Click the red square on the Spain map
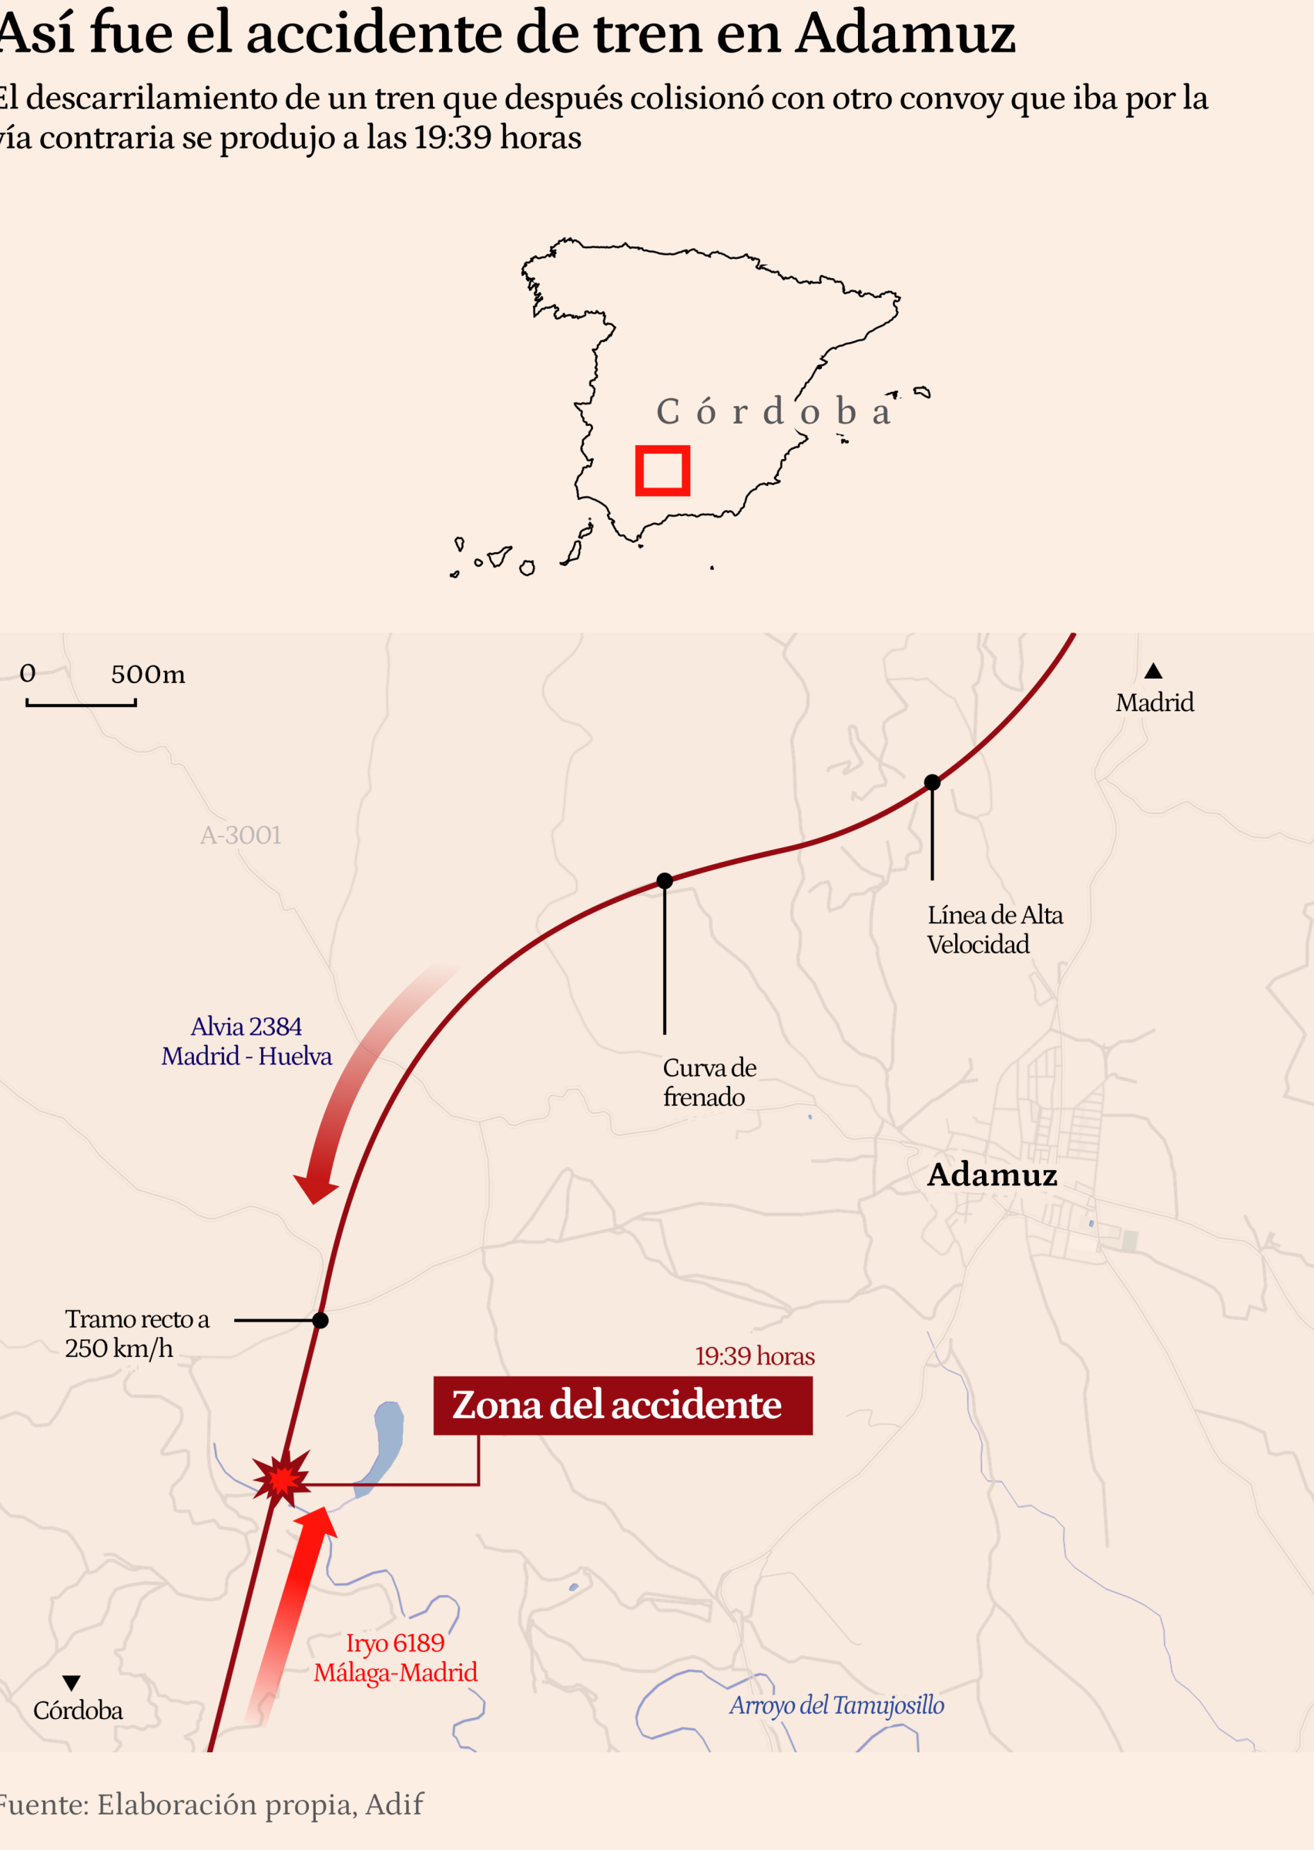coord(662,470)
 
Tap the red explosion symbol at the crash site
coord(282,1477)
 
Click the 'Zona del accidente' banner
coord(622,1405)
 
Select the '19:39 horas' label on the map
coord(754,1356)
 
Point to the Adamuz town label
coord(991,1175)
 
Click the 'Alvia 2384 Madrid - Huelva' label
coord(246,1041)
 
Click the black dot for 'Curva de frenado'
coord(664,881)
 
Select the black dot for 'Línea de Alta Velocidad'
coord(932,783)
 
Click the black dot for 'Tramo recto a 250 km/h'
coord(320,1321)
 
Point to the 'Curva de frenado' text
coord(709,1082)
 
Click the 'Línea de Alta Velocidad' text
coord(994,930)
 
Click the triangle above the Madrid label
coord(1153,672)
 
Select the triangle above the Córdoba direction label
coord(71,1684)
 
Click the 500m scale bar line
coord(81,705)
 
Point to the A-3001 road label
coord(240,835)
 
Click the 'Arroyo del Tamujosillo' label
coord(836,1705)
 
